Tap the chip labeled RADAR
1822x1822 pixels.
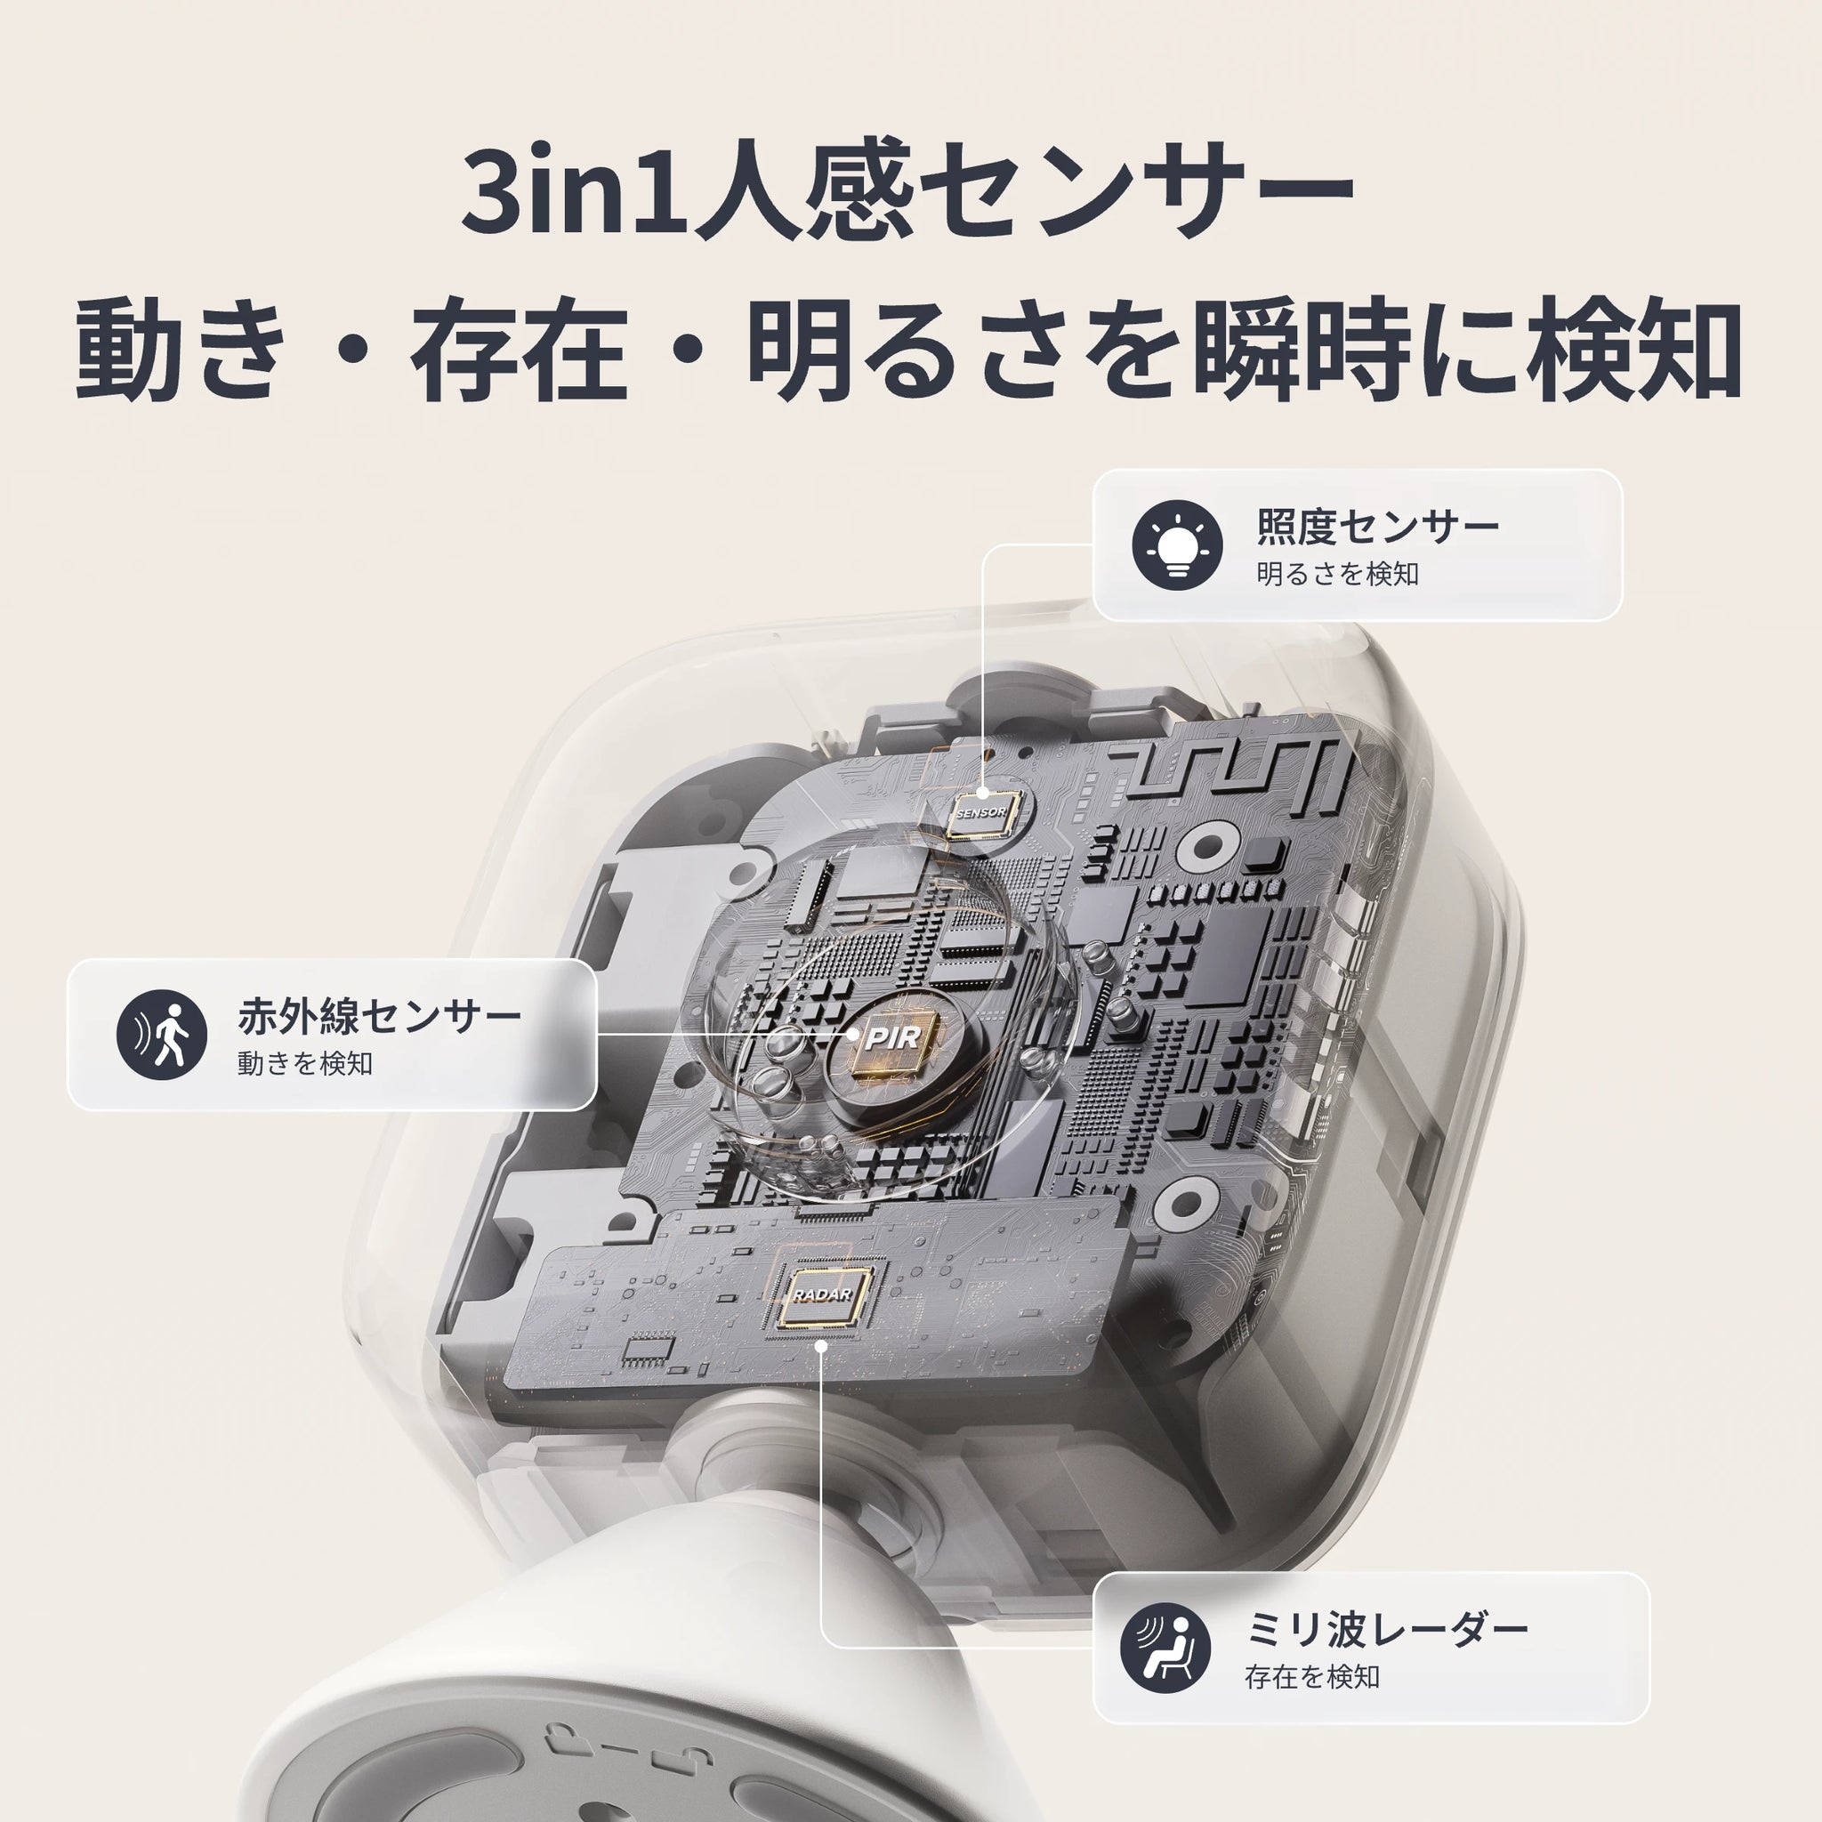pyautogui.click(x=822, y=1294)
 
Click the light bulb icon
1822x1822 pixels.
pyautogui.click(x=1177, y=545)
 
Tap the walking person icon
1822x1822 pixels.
pyautogui.click(x=161, y=1035)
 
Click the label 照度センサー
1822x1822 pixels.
pyautogui.click(x=1377, y=527)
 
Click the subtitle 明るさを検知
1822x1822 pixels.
pyautogui.click(x=1337, y=574)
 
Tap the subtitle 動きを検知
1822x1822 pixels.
pyautogui.click(x=304, y=1064)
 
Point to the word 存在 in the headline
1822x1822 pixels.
pyautogui.click(x=519, y=351)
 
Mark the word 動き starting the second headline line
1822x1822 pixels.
pyautogui.click(x=179, y=351)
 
